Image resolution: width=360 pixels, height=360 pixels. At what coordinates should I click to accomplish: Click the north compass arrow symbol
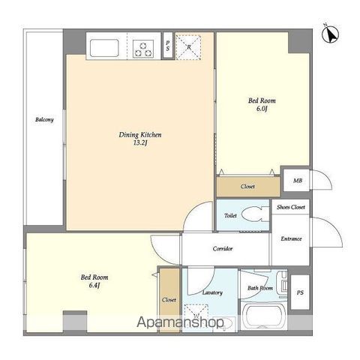(x=330, y=34)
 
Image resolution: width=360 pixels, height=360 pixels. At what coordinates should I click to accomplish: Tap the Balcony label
(x=44, y=119)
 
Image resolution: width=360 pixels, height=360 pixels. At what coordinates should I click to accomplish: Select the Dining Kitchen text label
(x=140, y=135)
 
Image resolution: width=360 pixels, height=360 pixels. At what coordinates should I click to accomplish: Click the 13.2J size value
(x=140, y=143)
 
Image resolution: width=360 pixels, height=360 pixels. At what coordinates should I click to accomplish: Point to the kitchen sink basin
(x=104, y=48)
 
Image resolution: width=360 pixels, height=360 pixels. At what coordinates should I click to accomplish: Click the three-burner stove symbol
(x=143, y=49)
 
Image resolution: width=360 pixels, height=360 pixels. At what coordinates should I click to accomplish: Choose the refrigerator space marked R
(x=188, y=47)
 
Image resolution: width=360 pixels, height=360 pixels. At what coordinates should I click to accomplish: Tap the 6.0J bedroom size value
(x=262, y=109)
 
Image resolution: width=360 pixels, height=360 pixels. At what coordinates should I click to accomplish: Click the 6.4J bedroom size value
(x=94, y=285)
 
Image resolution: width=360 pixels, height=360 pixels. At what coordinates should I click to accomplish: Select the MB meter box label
(x=298, y=181)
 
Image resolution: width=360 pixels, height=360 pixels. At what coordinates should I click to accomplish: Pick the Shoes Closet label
(x=291, y=207)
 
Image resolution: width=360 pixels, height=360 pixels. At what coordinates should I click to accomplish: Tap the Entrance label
(x=291, y=238)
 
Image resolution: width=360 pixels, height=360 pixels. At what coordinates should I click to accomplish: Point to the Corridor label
(x=223, y=248)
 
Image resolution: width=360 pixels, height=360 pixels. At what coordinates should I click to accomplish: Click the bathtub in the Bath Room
(x=262, y=316)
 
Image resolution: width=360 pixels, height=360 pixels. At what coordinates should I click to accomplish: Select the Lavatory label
(x=212, y=292)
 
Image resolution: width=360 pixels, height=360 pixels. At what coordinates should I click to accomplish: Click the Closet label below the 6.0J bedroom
(x=247, y=186)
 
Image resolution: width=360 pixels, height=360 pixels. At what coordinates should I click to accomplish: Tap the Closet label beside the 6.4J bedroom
(x=169, y=299)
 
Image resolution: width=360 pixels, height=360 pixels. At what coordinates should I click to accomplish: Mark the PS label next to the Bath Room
(x=300, y=292)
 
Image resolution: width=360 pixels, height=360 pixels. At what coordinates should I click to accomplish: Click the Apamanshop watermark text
(x=181, y=322)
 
